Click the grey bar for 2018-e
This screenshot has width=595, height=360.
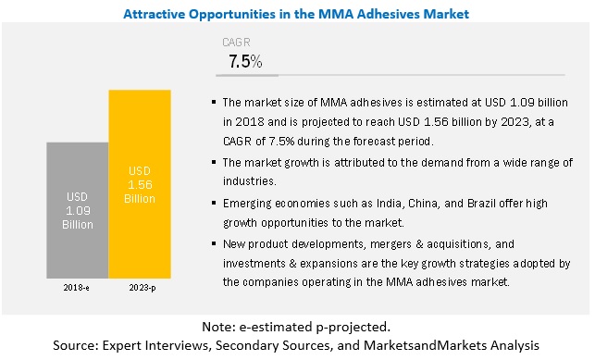pyautogui.click(x=78, y=210)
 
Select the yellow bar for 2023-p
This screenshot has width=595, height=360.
pyautogui.click(x=140, y=184)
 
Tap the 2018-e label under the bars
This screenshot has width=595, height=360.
pyautogui.click(x=76, y=288)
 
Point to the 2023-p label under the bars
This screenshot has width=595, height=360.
pyautogui.click(x=143, y=288)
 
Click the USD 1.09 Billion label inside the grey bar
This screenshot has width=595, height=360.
pyautogui.click(x=78, y=210)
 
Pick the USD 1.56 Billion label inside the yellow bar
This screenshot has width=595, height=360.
pyautogui.click(x=140, y=185)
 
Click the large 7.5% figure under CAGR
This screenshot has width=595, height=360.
pyautogui.click(x=245, y=61)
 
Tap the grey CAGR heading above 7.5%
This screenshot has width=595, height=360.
pyautogui.click(x=236, y=42)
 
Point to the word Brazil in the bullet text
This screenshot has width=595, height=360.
pyautogui.click(x=481, y=204)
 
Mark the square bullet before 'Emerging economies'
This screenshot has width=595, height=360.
pyautogui.click(x=214, y=204)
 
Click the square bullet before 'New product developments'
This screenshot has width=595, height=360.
pyautogui.click(x=214, y=244)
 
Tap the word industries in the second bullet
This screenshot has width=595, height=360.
pyautogui.click(x=249, y=181)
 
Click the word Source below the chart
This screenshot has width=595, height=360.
pyautogui.click(x=76, y=345)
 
